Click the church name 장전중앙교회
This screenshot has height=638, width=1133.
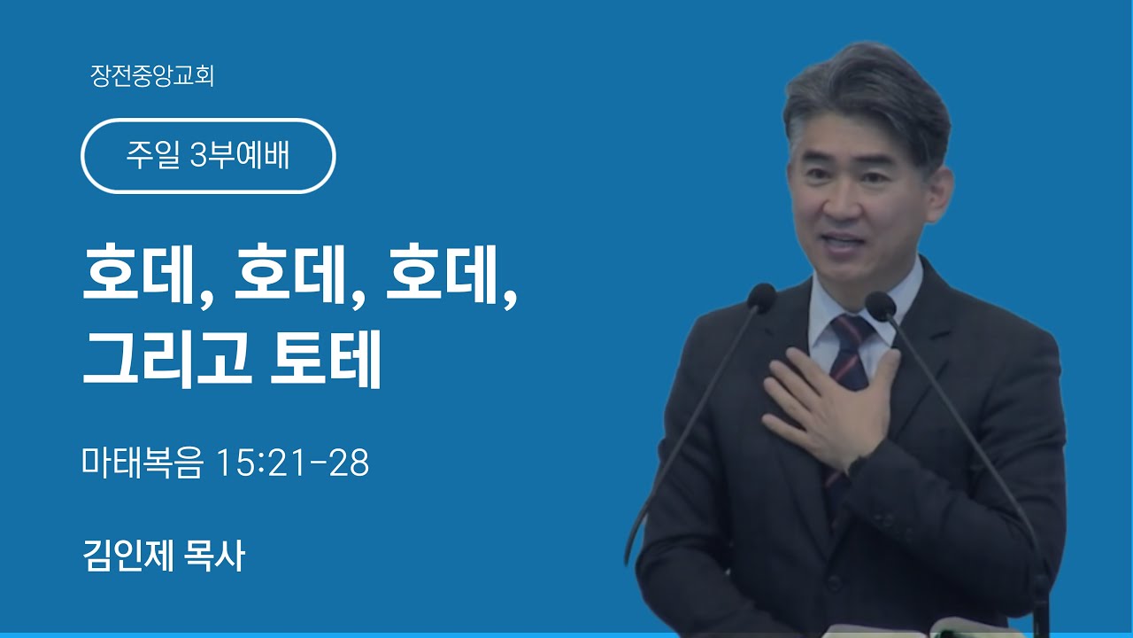pos(152,76)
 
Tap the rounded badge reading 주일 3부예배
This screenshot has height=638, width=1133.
pos(208,156)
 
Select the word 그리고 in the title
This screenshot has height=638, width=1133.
pos(167,359)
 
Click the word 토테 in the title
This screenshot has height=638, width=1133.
pos(325,359)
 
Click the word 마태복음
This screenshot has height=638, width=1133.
pos(143,463)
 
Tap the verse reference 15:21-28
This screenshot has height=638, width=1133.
pos(292,463)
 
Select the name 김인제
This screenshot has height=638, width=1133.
pos(128,556)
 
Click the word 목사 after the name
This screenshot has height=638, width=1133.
pos(215,556)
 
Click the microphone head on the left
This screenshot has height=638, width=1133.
pos(761,296)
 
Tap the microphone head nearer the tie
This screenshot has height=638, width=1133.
pos(881,306)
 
